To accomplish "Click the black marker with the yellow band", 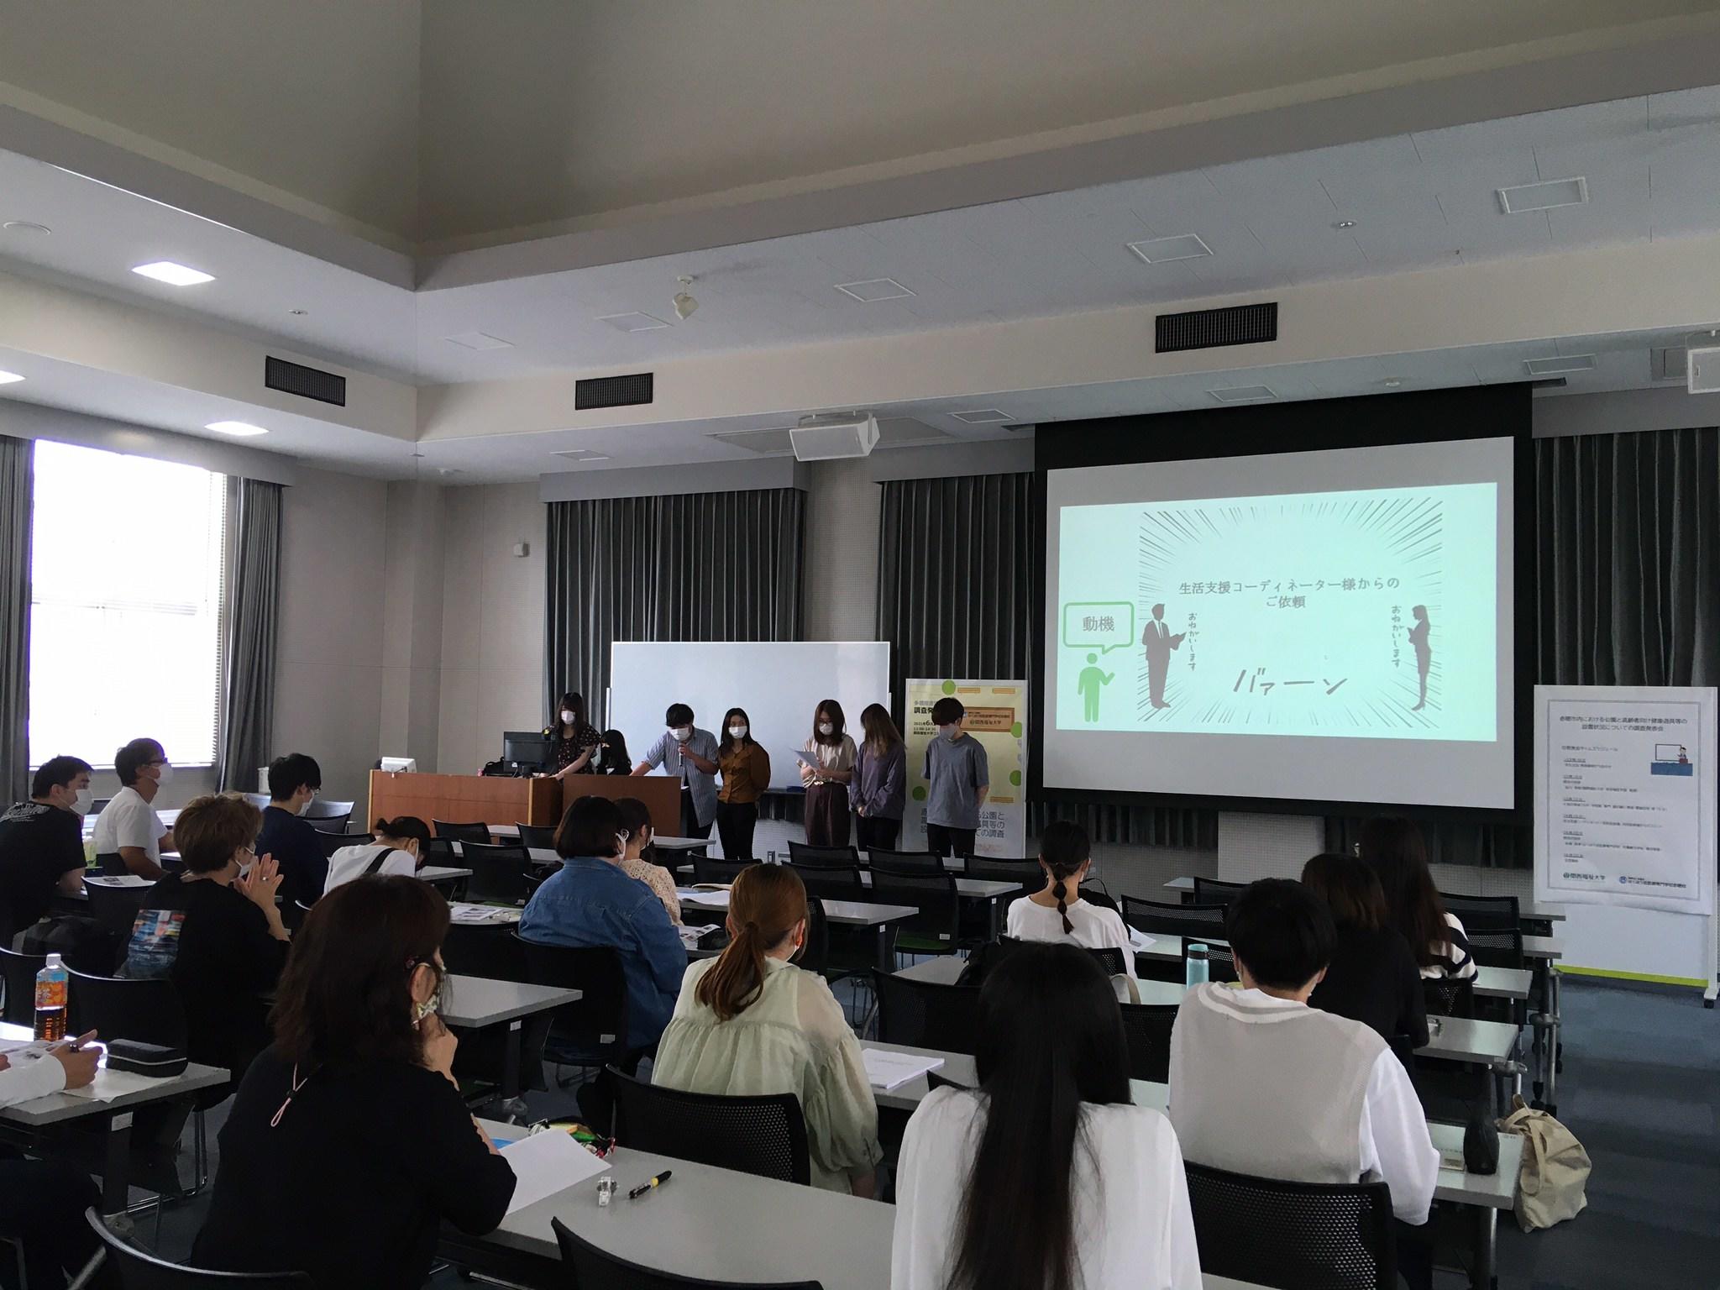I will coord(650,1184).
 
